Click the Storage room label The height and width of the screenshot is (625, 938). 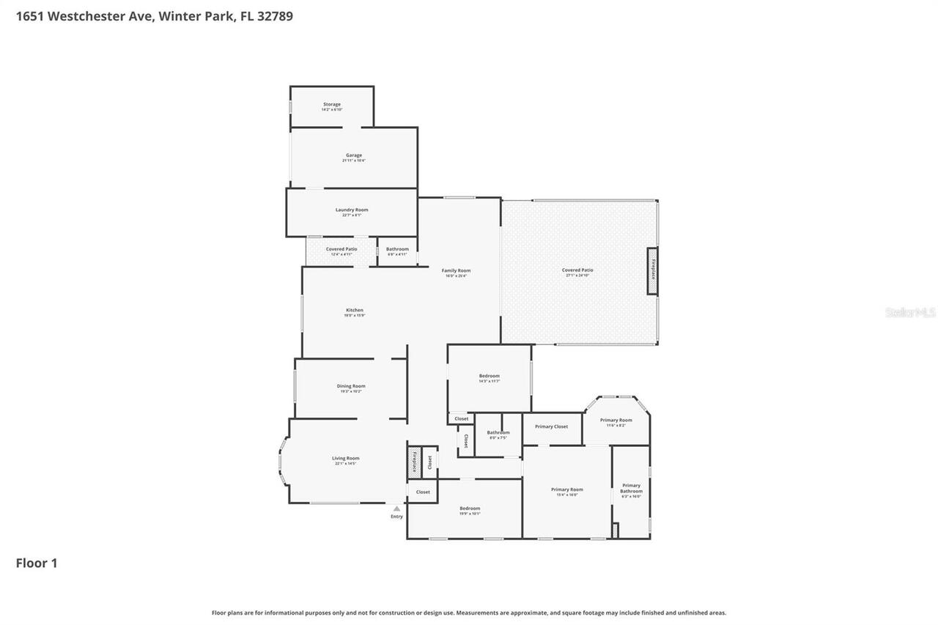coord(332,105)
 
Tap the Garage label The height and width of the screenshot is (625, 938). coord(354,155)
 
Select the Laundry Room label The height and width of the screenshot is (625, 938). coord(352,210)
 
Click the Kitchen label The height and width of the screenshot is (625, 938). coord(355,311)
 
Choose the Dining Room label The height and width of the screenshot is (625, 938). coord(351,386)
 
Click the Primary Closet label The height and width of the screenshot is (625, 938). coord(551,426)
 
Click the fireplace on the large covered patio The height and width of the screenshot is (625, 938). coord(652,271)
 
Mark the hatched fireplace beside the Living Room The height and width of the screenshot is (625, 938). coord(414,462)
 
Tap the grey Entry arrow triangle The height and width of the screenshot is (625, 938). coord(396,508)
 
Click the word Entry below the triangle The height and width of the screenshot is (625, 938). coord(396,517)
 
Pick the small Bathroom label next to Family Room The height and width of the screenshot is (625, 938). coord(397,249)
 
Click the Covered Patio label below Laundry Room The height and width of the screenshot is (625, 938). coord(341,249)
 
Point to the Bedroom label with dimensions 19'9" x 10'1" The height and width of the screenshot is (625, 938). coord(470,508)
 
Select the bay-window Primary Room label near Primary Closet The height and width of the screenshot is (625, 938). coord(616,421)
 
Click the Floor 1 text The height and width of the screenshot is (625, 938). coord(37,563)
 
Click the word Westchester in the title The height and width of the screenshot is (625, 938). coord(99,15)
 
